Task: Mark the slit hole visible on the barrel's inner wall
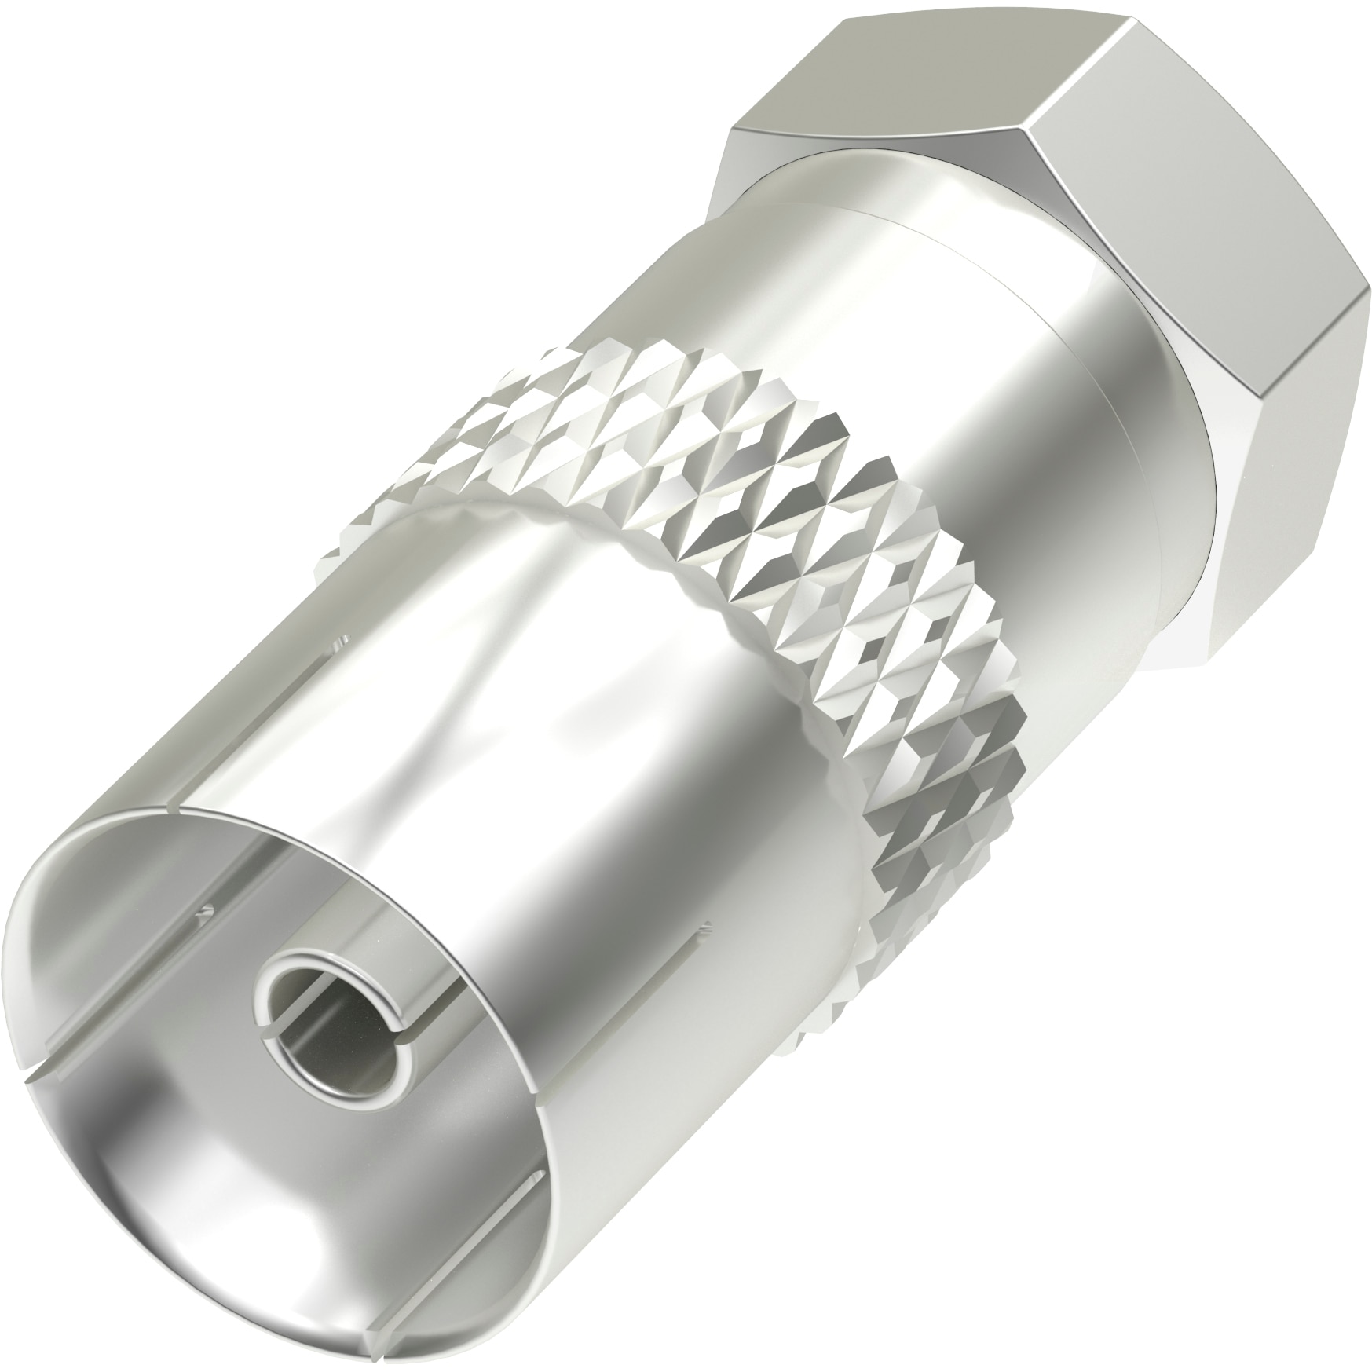pyautogui.click(x=206, y=911)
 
